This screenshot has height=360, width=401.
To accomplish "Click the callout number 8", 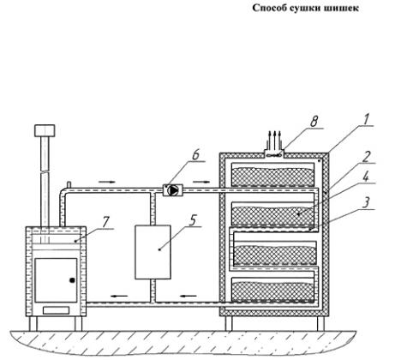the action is pyautogui.click(x=314, y=122).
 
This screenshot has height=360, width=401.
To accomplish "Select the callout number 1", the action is pyautogui.click(x=366, y=119).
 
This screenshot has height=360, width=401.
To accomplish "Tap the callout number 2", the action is pyautogui.click(x=366, y=157).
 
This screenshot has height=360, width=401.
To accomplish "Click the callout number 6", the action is pyautogui.click(x=195, y=155).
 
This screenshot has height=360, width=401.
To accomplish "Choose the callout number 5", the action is pyautogui.click(x=194, y=220).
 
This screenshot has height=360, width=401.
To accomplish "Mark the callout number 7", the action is pyautogui.click(x=105, y=222).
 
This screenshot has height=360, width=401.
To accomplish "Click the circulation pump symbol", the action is pyautogui.click(x=172, y=190).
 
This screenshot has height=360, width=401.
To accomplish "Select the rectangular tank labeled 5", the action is pyautogui.click(x=153, y=252).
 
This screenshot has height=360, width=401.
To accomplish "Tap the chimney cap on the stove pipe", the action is pyautogui.click(x=45, y=130).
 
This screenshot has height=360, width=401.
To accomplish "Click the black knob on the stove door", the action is pyautogui.click(x=72, y=280).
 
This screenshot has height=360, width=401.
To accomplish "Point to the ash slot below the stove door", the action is pyautogui.click(x=56, y=310).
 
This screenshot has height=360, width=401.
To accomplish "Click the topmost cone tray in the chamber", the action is pyautogui.click(x=272, y=175).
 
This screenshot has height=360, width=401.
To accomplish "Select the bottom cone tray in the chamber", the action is pyautogui.click(x=273, y=290).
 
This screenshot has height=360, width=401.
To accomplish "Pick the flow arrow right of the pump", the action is pyautogui.click(x=201, y=182).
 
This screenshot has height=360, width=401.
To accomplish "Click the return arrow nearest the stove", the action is pyautogui.click(x=120, y=296).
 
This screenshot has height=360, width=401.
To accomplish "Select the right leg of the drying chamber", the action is pyautogui.click(x=320, y=323).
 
